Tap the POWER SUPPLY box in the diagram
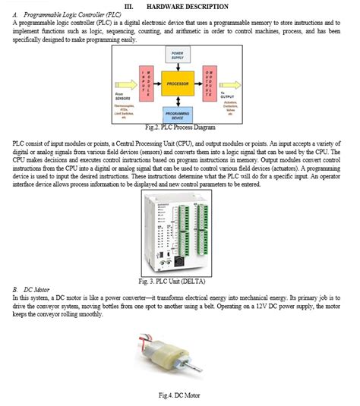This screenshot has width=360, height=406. (x=177, y=56)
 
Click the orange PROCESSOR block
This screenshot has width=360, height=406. (x=178, y=83)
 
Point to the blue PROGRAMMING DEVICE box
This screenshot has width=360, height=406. (x=177, y=115)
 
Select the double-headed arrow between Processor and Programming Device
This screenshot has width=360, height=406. (x=177, y=102)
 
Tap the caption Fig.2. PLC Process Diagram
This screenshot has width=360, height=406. (x=179, y=127)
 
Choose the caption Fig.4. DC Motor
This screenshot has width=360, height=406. (x=179, y=395)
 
